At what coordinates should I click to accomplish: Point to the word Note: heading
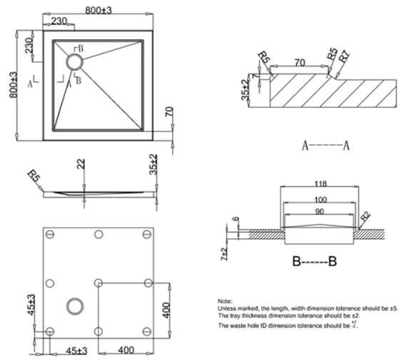coord(226,301)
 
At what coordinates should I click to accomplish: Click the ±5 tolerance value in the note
coord(388,309)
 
